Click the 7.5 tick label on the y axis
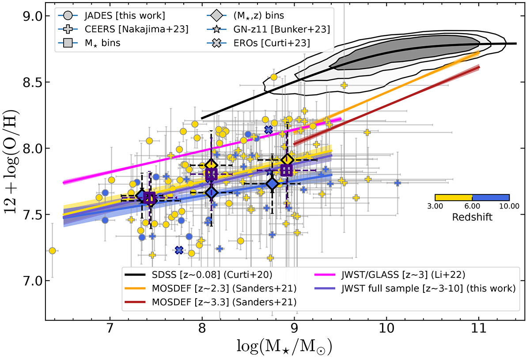pos(31,215)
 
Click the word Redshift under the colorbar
pos(472,218)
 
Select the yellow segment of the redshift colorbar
pos(454,197)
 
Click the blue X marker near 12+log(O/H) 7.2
pos(179,250)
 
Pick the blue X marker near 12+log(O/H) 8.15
pos(268,129)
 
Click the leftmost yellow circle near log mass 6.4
pos(52,250)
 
